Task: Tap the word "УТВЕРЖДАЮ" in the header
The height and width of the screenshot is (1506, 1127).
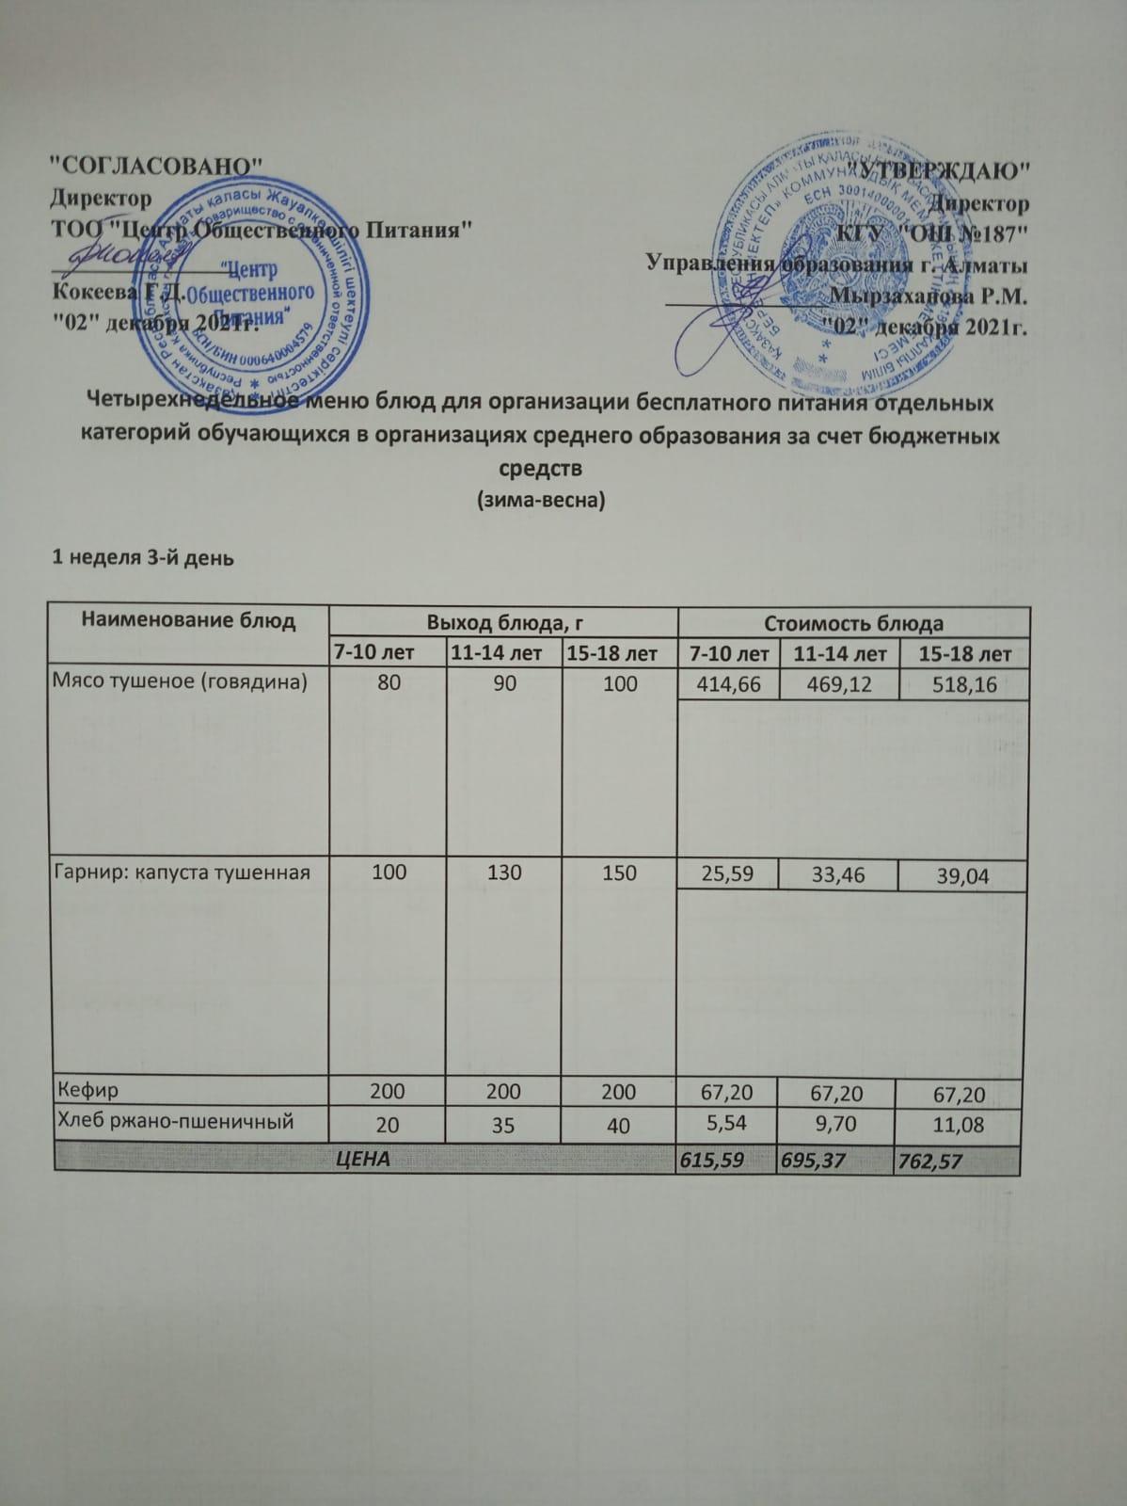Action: pyautogui.click(x=941, y=171)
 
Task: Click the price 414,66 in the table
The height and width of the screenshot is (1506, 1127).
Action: pyautogui.click(x=728, y=683)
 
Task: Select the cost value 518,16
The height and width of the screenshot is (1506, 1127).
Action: pyautogui.click(x=962, y=684)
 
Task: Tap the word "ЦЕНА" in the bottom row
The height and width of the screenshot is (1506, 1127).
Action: pyautogui.click(x=363, y=1160)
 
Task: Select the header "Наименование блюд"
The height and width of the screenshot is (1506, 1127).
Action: pyautogui.click(x=188, y=620)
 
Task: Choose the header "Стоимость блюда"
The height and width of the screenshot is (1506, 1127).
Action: pyautogui.click(x=853, y=623)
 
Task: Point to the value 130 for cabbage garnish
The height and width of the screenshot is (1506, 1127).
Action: pyautogui.click(x=504, y=872)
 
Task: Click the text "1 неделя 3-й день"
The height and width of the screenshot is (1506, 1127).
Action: pyautogui.click(x=142, y=557)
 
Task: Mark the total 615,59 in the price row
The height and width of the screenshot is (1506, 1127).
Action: pyautogui.click(x=715, y=1162)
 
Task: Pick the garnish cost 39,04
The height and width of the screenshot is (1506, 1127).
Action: pyautogui.click(x=962, y=876)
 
